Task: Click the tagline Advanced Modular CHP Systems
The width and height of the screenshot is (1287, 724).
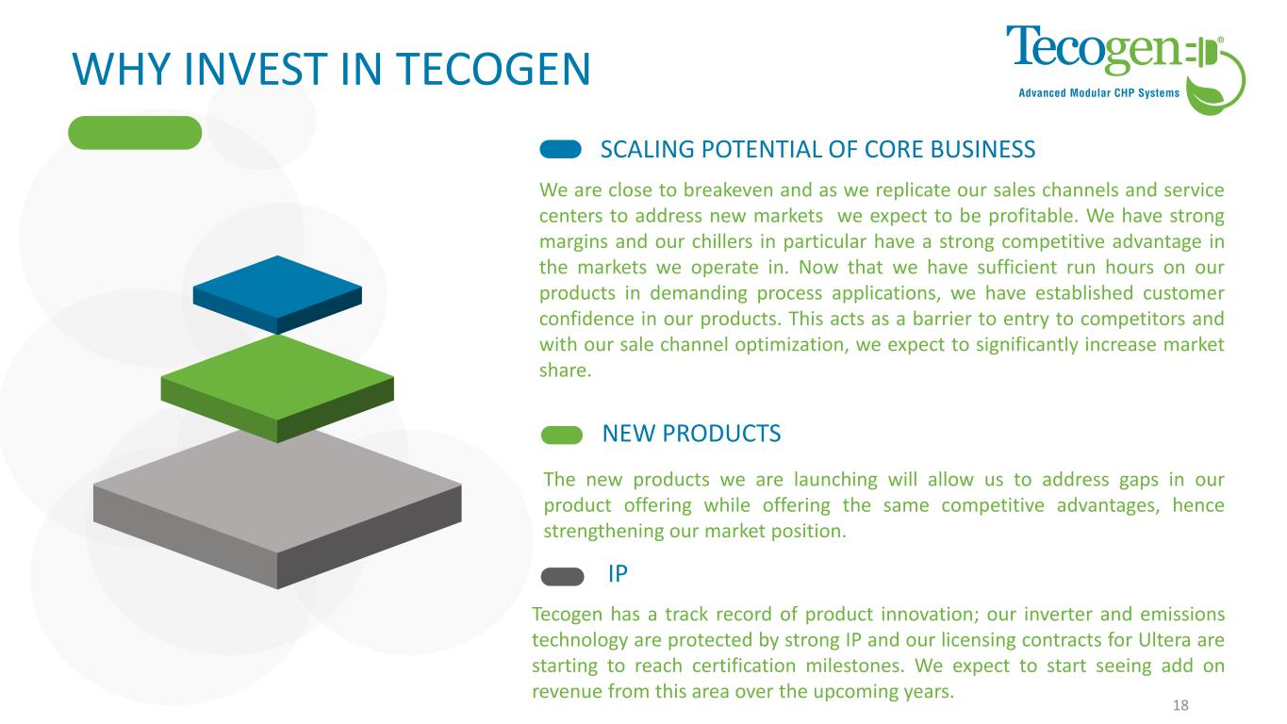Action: [1098, 93]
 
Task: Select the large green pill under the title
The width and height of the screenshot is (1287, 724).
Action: [135, 133]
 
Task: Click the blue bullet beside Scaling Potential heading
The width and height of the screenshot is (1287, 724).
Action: [560, 149]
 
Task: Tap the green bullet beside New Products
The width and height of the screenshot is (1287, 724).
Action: [561, 435]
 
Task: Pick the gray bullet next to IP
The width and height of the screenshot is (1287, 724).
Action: [562, 576]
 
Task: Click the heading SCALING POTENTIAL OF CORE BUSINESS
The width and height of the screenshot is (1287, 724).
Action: [817, 149]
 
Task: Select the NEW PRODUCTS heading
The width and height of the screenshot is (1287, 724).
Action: [691, 434]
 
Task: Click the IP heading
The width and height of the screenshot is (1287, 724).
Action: [618, 574]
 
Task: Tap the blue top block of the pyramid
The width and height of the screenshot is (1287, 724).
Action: [277, 295]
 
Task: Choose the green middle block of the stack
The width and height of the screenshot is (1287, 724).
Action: [277, 388]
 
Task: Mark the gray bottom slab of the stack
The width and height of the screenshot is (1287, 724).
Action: [277, 508]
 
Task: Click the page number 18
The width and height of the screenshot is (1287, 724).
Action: [1180, 705]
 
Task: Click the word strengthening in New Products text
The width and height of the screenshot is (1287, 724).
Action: [603, 532]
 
